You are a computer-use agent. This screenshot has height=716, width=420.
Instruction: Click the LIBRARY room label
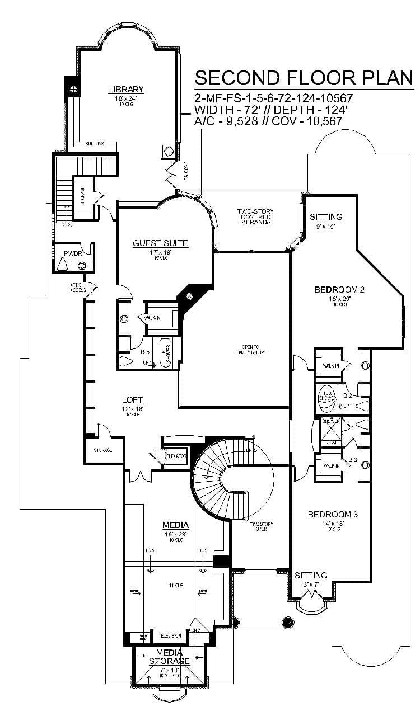[126, 89]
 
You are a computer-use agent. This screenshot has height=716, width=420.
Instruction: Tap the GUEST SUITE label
[160, 243]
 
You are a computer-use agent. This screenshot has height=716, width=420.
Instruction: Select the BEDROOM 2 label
[339, 289]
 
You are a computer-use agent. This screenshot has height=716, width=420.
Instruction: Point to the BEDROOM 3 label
[333, 515]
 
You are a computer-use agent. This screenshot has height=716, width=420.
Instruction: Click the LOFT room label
[133, 399]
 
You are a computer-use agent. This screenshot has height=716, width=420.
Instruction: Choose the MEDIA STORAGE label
[169, 657]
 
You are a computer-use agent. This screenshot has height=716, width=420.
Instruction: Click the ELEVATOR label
[175, 456]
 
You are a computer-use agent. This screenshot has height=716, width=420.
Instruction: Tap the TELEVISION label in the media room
[169, 636]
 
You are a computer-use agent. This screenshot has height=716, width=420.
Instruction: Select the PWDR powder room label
[73, 253]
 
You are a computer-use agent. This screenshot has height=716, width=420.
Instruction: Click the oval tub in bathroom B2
[326, 395]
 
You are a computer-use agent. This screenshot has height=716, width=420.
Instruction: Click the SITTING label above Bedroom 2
[326, 216]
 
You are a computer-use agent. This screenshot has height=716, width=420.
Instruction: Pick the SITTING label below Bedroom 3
[311, 575]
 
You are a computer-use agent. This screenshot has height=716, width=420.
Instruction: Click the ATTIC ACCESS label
[78, 288]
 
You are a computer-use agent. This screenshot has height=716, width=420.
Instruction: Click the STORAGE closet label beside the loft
[103, 450]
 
